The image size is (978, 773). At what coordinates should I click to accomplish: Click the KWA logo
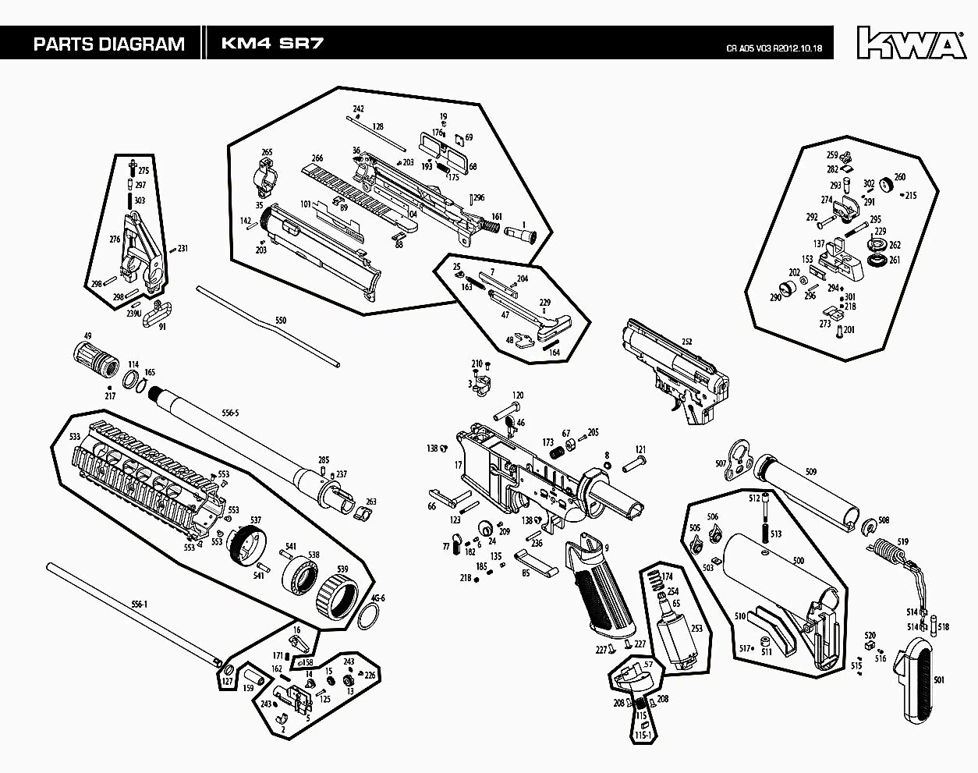click(910, 43)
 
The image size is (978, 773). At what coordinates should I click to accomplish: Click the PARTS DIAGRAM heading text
click(108, 44)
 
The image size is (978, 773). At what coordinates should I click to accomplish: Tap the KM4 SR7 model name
click(271, 44)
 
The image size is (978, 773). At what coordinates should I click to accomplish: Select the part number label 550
click(281, 321)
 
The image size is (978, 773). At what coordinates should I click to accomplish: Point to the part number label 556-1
click(139, 604)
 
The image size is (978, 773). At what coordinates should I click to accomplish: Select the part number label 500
click(798, 561)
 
